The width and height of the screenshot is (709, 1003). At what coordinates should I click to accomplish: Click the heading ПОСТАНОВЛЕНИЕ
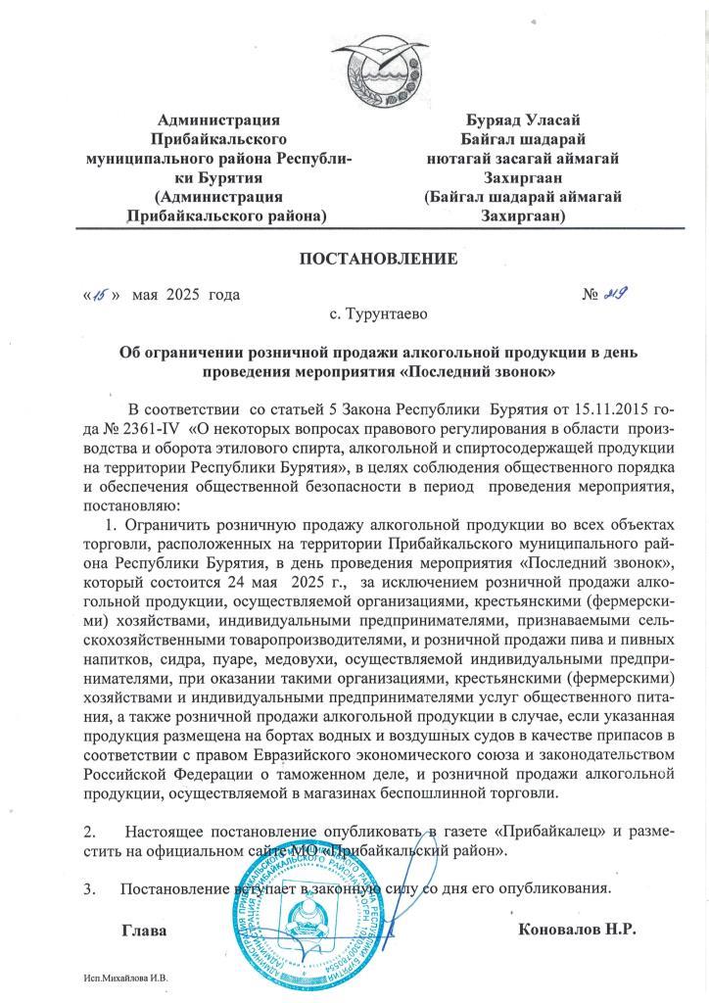(x=378, y=259)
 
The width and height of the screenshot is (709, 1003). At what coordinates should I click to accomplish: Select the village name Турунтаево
(x=378, y=315)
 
